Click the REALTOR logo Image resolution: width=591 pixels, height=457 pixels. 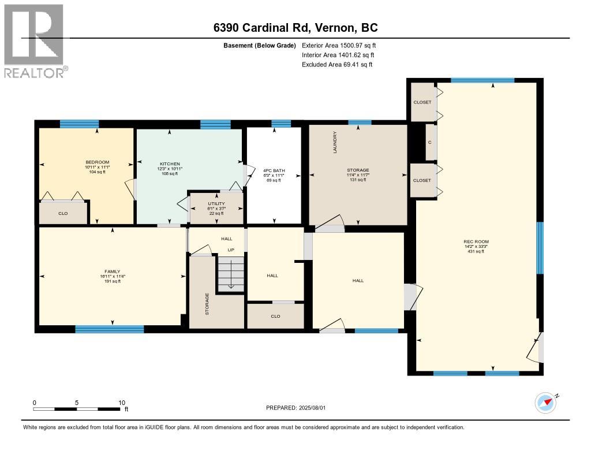[36, 41]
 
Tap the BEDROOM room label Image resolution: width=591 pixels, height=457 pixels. [97, 162]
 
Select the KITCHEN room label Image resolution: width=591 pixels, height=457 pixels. [170, 164]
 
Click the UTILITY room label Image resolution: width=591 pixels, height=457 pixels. [216, 204]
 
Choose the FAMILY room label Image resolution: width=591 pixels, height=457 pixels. [113, 272]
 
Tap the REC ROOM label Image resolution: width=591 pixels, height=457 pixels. [476, 241]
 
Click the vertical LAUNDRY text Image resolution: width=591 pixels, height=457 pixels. [335, 142]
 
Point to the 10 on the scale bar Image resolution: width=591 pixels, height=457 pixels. [122, 403]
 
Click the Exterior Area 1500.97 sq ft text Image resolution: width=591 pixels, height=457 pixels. [339, 45]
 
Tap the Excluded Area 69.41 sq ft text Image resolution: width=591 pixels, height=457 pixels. [337, 65]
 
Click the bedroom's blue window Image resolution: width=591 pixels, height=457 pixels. [80, 124]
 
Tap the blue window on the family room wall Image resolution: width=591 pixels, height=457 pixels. [110, 329]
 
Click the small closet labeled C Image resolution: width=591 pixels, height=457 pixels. [431, 142]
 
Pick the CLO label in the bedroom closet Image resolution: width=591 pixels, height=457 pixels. [63, 213]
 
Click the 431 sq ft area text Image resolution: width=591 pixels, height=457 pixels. [476, 251]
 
